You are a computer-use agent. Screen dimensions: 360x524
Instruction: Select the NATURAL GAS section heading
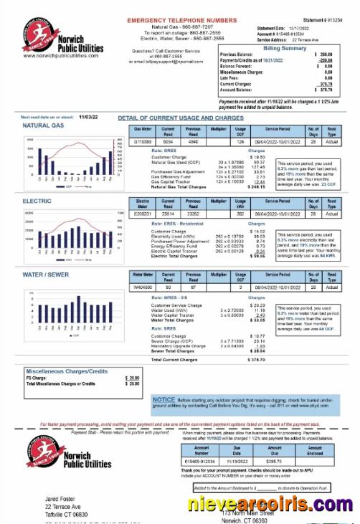tap(44, 125)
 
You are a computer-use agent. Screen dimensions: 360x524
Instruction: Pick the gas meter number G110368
tap(143, 141)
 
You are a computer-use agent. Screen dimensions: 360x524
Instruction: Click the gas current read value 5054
tap(168, 141)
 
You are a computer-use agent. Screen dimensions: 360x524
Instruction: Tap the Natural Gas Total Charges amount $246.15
tap(255, 186)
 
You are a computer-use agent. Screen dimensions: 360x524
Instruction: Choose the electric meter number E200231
tap(143, 214)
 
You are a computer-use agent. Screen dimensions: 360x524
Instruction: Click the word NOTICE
tap(164, 399)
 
